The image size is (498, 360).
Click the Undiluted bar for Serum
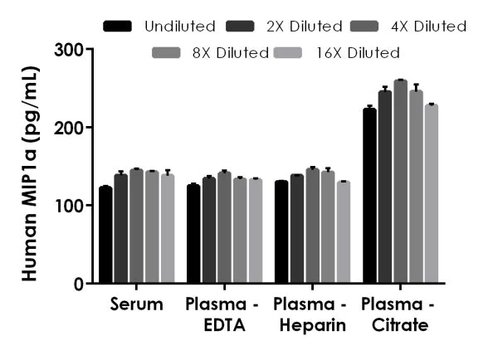click(105, 236)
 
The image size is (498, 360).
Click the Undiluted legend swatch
click(119, 27)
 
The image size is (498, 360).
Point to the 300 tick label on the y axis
click(70, 50)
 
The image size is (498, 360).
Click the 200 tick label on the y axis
click(70, 128)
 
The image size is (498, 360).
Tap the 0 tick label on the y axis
click(78, 284)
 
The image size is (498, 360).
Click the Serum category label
click(136, 304)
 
